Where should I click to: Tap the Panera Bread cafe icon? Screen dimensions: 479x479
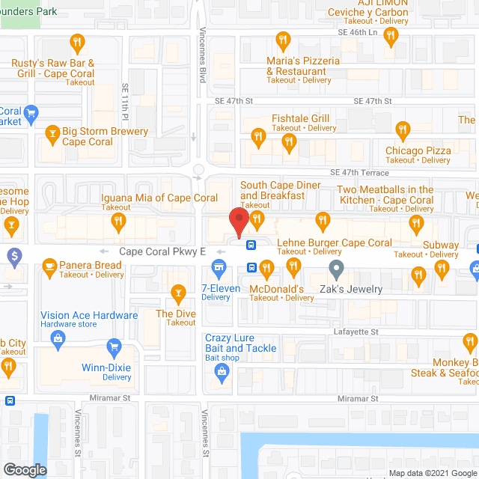pyautogui.click(x=50, y=265)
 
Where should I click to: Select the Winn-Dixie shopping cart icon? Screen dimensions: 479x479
pyautogui.click(x=114, y=346)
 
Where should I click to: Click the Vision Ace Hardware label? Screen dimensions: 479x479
pyautogui.click(x=89, y=315)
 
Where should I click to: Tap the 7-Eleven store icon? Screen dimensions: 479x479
pyautogui.click(x=219, y=266)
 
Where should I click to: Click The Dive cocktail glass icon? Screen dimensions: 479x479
pyautogui.click(x=178, y=291)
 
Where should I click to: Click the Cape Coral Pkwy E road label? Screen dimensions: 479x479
pyautogui.click(x=162, y=252)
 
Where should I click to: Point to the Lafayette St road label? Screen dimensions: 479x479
pyautogui.click(x=356, y=332)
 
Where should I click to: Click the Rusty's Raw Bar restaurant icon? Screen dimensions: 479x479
pyautogui.click(x=76, y=41)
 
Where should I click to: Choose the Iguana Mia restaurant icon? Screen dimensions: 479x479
pyautogui.click(x=118, y=220)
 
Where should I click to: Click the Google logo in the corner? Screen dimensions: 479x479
pyautogui.click(x=25, y=469)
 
